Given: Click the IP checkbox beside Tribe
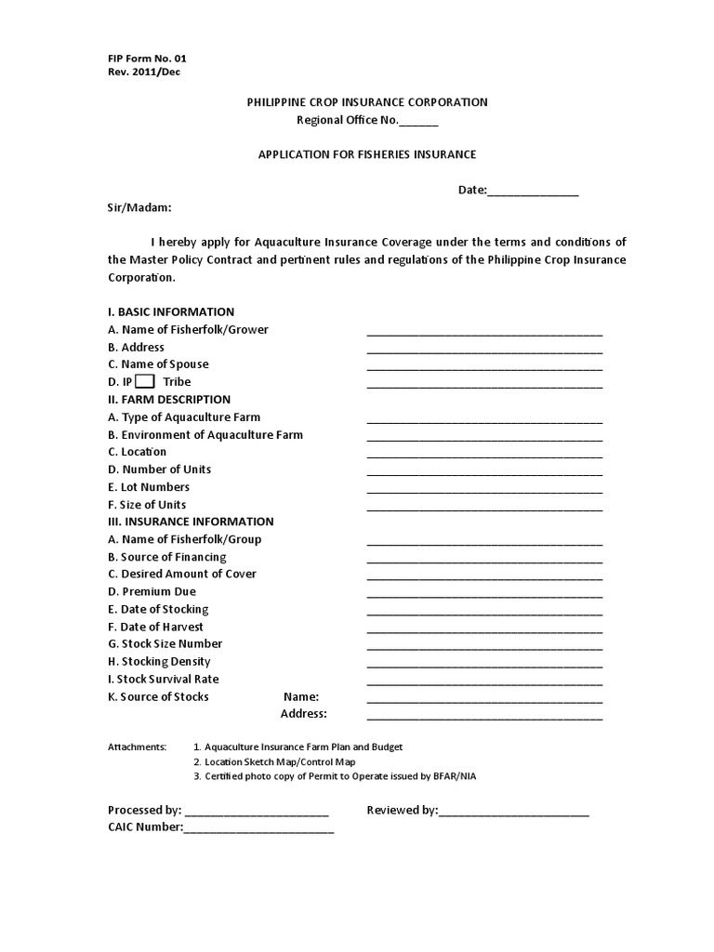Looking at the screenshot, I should click(144, 381).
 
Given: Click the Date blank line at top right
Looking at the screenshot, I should click(533, 192).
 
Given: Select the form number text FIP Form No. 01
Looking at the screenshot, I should click(147, 58).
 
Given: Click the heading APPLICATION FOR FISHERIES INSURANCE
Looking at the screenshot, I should click(366, 154).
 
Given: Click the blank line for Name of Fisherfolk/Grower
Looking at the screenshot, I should click(484, 332).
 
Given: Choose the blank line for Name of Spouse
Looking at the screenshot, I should click(484, 366).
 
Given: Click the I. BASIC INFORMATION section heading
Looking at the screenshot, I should click(171, 311).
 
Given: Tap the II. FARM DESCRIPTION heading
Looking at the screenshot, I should click(169, 399).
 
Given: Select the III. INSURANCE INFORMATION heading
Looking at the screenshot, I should click(191, 522).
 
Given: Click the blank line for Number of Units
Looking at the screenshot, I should click(484, 471).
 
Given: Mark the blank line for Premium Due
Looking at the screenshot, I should click(484, 594).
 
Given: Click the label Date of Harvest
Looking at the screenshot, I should click(155, 627).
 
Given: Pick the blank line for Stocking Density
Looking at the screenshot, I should click(484, 664).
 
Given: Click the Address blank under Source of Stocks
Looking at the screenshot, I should click(484, 717).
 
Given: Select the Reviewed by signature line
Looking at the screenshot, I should click(513, 813).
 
